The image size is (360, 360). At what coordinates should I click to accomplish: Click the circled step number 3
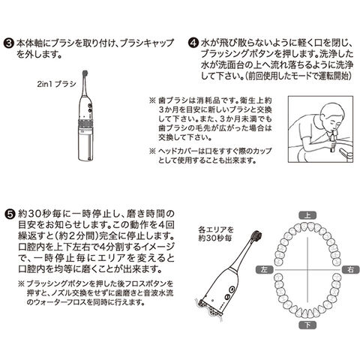8,43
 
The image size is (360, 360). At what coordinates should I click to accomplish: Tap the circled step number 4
193,43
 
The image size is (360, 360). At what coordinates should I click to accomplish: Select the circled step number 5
10,214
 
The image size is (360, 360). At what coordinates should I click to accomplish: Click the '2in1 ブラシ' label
56,84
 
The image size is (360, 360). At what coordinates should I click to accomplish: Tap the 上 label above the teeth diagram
307,215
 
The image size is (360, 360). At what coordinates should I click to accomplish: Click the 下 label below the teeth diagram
307,325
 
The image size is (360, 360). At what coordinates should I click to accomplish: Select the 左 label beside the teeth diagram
265,269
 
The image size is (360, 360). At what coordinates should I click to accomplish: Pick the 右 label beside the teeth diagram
351,269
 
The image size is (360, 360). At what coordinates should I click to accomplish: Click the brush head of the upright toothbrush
85,73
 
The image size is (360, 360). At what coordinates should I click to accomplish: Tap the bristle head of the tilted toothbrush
257,235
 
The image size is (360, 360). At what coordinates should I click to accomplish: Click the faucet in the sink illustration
346,153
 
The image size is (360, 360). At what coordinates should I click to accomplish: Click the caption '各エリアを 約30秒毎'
216,234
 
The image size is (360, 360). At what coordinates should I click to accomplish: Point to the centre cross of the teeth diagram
307,270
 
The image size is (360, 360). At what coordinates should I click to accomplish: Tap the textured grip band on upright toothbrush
85,123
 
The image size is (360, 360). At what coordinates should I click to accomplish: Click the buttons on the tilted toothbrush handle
229,293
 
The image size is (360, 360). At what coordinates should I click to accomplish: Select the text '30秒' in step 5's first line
39,214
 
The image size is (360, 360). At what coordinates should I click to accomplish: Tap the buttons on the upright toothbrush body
89,108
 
